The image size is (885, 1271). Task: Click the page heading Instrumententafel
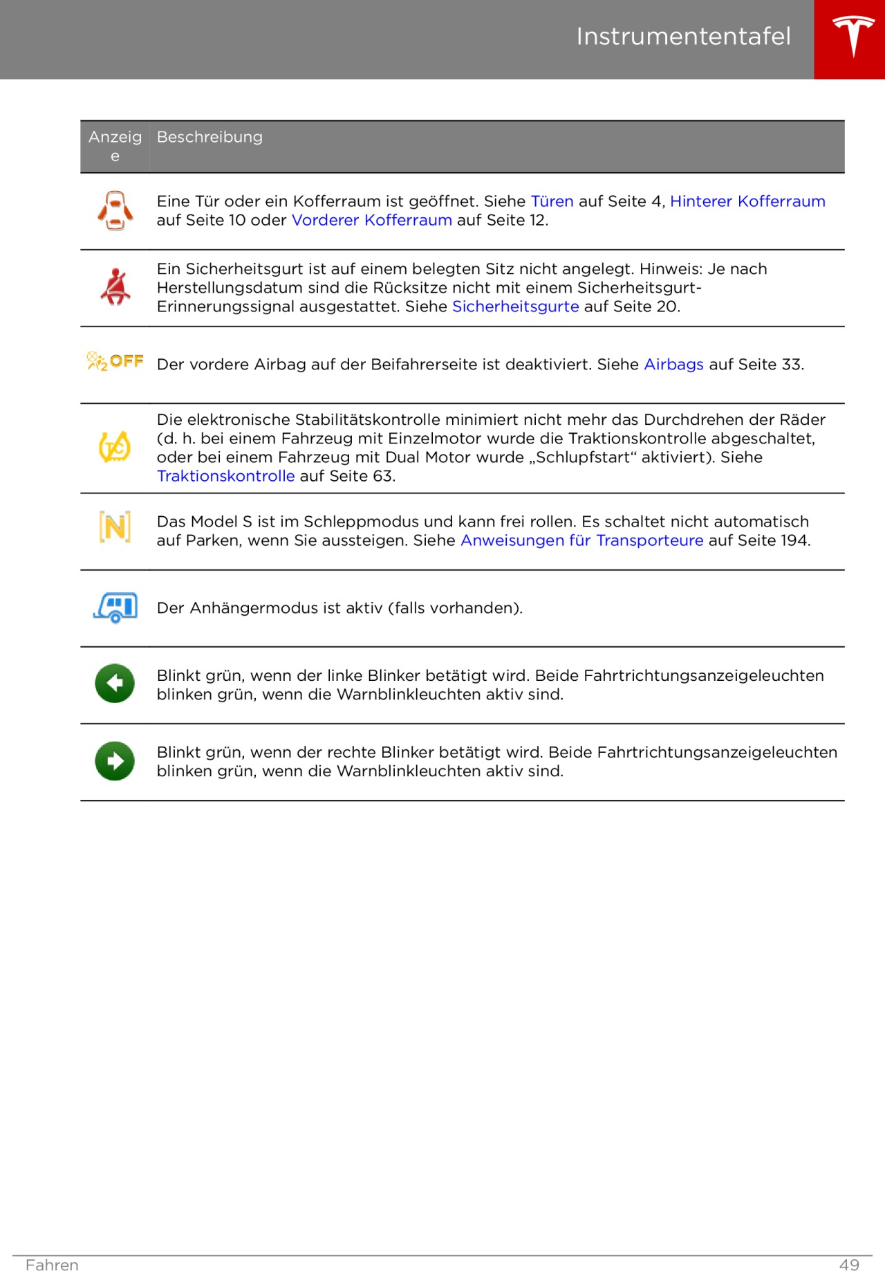tap(683, 37)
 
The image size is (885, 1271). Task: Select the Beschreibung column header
tap(209, 137)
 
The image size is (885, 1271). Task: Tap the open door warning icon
tap(115, 211)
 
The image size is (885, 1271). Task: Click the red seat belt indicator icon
tap(115, 287)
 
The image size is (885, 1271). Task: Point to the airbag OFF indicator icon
tap(115, 361)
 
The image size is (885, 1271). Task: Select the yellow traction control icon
tap(115, 447)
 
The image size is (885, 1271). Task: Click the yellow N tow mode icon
tap(115, 528)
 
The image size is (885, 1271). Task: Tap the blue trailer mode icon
tap(115, 607)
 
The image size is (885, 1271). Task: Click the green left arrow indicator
tap(115, 684)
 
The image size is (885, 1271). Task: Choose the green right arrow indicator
tap(115, 761)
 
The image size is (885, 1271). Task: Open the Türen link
tap(552, 201)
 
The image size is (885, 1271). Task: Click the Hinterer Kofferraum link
tap(747, 201)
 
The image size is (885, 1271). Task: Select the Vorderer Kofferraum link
tap(371, 220)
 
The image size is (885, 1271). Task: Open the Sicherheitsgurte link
tap(515, 307)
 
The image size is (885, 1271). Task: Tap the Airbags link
tap(673, 365)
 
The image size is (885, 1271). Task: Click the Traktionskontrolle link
tap(225, 476)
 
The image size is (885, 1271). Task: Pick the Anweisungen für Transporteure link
tap(581, 540)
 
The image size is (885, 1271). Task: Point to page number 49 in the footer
tap(849, 1265)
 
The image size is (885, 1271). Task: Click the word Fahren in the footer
tap(52, 1265)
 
